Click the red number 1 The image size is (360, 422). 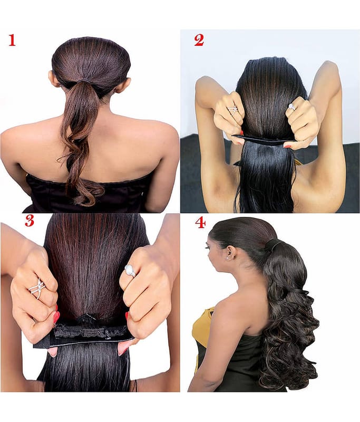12,41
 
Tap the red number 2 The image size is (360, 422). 199,41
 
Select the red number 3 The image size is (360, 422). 30,220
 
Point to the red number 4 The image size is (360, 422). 200,223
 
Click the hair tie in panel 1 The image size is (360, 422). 85,81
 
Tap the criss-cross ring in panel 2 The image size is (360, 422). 233,109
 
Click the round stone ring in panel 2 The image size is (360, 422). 291,107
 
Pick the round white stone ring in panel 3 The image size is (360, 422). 130,271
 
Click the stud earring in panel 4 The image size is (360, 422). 228,257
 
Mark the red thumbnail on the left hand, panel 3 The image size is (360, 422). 56,318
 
